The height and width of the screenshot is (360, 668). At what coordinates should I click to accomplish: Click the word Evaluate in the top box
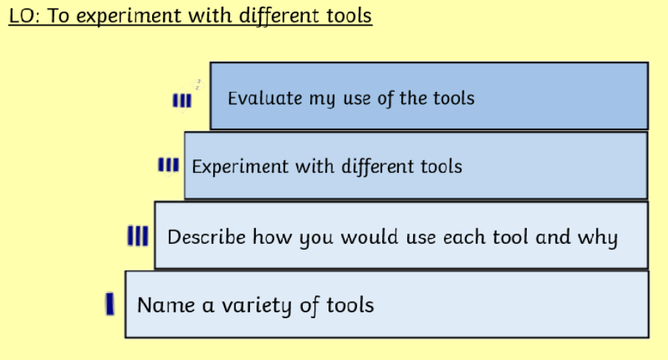click(x=265, y=98)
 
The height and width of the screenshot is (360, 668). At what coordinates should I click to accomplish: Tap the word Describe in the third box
click(x=206, y=237)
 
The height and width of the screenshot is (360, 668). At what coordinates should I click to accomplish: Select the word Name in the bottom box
click(x=166, y=305)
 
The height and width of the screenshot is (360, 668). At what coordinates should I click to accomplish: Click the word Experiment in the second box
click(x=240, y=167)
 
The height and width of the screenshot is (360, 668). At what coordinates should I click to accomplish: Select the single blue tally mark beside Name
click(x=110, y=303)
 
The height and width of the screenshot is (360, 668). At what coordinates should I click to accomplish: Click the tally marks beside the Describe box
click(x=138, y=236)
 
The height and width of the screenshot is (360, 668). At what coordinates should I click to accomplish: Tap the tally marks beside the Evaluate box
click(x=182, y=101)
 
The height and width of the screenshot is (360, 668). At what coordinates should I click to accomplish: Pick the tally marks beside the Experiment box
click(x=168, y=165)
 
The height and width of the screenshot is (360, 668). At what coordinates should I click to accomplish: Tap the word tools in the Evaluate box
click(x=453, y=98)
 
